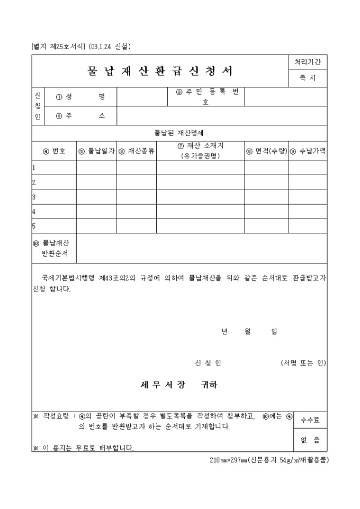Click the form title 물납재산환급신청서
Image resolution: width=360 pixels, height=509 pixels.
point(160,71)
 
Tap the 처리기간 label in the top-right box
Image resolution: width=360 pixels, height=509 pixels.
point(308,62)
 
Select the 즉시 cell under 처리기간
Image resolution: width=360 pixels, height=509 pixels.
point(308,78)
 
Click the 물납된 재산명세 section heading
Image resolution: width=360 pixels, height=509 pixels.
point(179,133)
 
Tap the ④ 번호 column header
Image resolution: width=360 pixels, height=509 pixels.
point(54,151)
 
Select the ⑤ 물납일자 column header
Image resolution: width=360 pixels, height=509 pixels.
point(96,151)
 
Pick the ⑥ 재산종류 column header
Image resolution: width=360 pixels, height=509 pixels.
point(136,151)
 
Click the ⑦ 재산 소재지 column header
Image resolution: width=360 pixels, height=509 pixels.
point(200,150)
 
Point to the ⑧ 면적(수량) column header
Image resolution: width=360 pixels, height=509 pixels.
point(266,151)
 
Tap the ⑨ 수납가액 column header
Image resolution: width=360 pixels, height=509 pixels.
point(308,151)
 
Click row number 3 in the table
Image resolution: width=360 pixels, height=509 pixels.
point(34,197)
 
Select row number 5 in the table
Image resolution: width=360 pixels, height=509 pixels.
point(34,226)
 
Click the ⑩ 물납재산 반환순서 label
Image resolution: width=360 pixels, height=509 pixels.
point(55,248)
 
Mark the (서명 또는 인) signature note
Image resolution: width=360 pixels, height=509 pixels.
point(303,363)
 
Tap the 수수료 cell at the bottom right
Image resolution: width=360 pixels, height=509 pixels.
point(310,420)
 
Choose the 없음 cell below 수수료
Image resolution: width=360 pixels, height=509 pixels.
point(310,440)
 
